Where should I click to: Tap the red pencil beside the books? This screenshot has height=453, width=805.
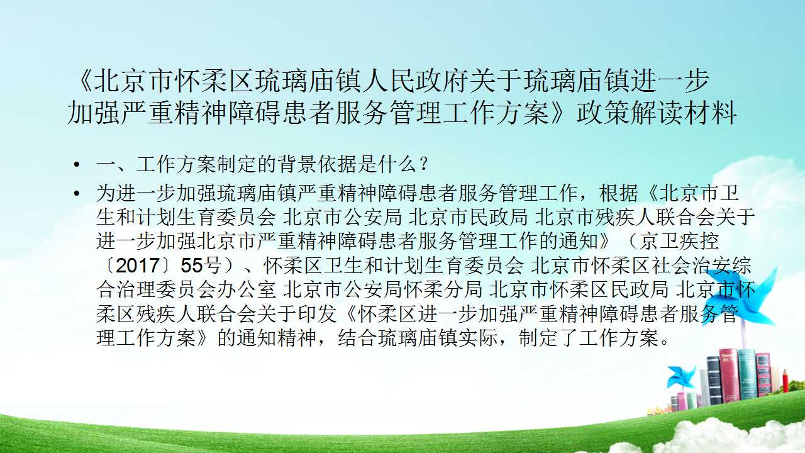point(785,381)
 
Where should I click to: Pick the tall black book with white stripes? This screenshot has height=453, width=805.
point(714,380)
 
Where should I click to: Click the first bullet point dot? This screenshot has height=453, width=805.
point(77,165)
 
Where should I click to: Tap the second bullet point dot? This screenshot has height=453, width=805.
point(77,193)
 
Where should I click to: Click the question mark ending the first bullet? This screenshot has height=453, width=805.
point(424,165)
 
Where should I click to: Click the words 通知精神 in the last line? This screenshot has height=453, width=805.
point(277,338)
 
